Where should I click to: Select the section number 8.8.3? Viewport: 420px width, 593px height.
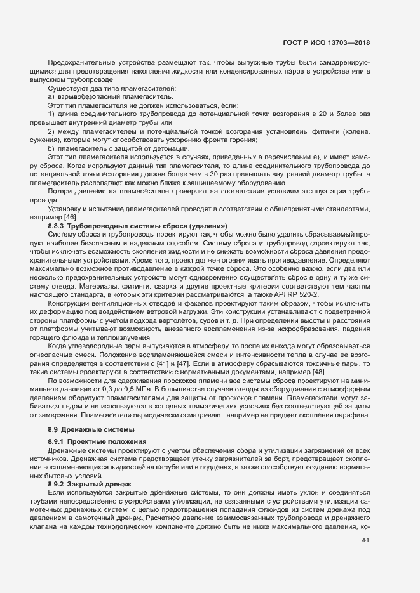[x=56, y=226]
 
